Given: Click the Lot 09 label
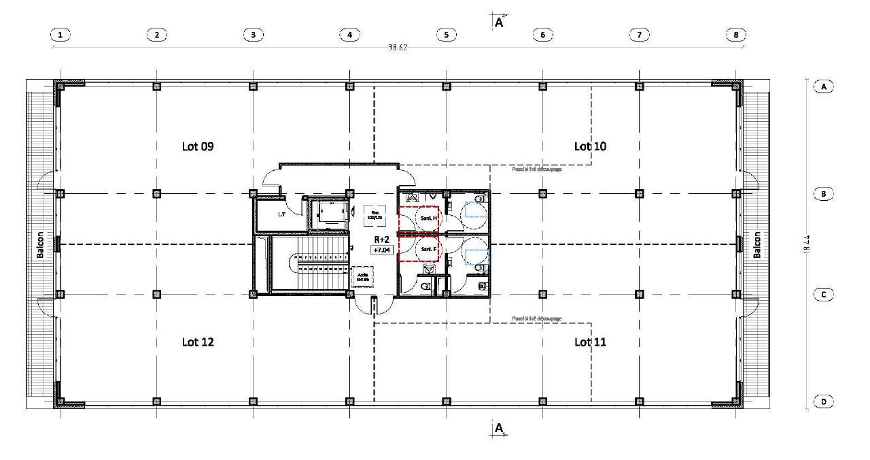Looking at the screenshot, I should (198, 146).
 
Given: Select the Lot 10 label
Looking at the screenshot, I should (590, 146).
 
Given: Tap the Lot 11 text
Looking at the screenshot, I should (590, 342).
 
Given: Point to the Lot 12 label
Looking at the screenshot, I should (198, 342).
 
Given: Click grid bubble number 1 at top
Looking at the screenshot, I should (61, 35).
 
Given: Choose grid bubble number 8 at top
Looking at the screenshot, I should (735, 35).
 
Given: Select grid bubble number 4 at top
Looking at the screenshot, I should (349, 35).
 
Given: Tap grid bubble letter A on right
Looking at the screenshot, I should (823, 87).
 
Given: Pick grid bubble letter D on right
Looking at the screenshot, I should (823, 402).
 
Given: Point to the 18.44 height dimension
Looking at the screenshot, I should (807, 244).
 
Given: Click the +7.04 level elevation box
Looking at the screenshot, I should (381, 250).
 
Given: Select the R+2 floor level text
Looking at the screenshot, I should (381, 240).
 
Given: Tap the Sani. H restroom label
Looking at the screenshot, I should (428, 218).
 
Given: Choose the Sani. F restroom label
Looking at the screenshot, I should (428, 249).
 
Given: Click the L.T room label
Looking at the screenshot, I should (281, 214).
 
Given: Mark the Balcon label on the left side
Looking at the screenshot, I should (40, 244).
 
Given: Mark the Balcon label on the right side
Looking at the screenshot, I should (756, 244).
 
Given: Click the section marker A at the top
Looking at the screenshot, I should (499, 22).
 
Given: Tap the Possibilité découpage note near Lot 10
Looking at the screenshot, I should (536, 169).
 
